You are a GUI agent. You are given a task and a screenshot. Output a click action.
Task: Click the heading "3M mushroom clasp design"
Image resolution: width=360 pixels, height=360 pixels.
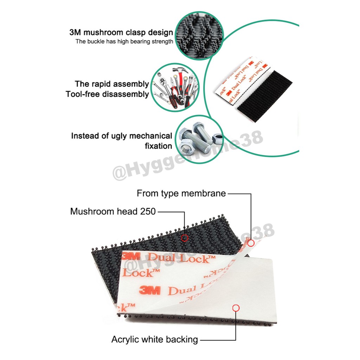coord(121,33)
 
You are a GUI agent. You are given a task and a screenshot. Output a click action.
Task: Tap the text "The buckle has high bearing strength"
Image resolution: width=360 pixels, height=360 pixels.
coord(124,41)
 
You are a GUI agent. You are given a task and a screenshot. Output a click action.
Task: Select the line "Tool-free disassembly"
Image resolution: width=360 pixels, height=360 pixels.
coord(107,94)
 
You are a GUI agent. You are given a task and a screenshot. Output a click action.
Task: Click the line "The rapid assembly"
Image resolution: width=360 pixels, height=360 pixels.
coord(112,84)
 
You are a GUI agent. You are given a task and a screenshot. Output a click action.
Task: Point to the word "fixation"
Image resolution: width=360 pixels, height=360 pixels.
coord(158,146)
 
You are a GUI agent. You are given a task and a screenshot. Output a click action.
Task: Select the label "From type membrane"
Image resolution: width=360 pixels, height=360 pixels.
coord(181,193)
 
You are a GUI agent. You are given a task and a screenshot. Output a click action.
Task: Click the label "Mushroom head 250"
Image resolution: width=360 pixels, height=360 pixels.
coord(113,211)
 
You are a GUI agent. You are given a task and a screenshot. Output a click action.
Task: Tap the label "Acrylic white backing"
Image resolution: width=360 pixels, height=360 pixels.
coord(154,339)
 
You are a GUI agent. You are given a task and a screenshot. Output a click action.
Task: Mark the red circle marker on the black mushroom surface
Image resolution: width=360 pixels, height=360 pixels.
coord(185,238)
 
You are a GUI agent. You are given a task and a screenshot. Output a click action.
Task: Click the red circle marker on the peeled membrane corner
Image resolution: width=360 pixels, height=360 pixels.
coord(251,243)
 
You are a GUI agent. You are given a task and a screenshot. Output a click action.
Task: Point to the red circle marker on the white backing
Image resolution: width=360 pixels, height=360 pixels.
coord(236,308)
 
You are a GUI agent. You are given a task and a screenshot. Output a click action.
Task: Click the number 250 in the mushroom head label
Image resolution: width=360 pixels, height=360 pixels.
coord(148,211)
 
